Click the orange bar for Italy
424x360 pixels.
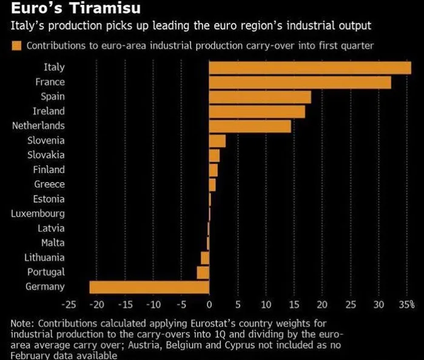tap(309, 67)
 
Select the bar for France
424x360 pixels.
tap(300, 82)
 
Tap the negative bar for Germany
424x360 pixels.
tap(149, 287)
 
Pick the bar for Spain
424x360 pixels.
tap(260, 97)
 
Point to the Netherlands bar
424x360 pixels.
tap(250, 126)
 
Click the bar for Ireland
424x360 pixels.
tap(257, 112)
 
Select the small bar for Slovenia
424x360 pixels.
tap(217, 141)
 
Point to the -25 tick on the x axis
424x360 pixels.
tap(69, 304)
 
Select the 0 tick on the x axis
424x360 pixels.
tap(209, 304)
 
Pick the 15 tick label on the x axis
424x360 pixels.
tap(294, 304)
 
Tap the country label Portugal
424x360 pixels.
tap(46, 272)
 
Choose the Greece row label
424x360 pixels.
tap(49, 185)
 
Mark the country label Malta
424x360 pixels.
tap(53, 243)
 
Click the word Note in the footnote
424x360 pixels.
tap(22, 324)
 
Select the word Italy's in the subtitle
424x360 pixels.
tap(24, 27)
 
